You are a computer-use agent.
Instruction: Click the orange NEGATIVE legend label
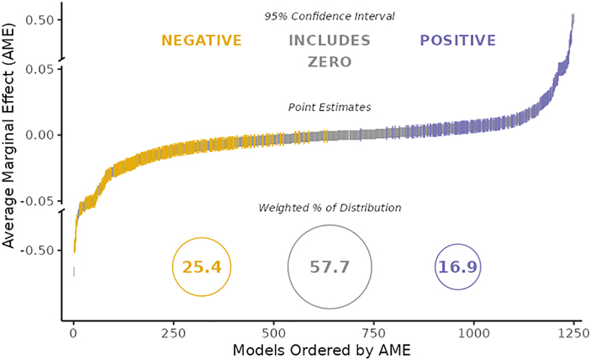pyautogui.click(x=202, y=40)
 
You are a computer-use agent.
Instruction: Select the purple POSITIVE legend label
pyautogui.click(x=457, y=40)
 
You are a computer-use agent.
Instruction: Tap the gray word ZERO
pyautogui.click(x=329, y=62)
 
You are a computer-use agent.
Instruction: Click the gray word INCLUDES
pyautogui.click(x=329, y=40)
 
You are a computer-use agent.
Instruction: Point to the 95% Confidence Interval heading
pyautogui.click(x=329, y=16)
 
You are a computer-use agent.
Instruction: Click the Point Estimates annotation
pyautogui.click(x=329, y=108)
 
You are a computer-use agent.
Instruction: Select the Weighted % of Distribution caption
pyautogui.click(x=329, y=208)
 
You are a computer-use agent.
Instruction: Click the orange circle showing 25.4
pyautogui.click(x=202, y=267)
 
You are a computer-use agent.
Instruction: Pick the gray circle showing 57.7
pyautogui.click(x=329, y=267)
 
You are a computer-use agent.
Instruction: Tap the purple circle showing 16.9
pyautogui.click(x=457, y=267)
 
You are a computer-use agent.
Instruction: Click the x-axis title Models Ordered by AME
pyautogui.click(x=320, y=349)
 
